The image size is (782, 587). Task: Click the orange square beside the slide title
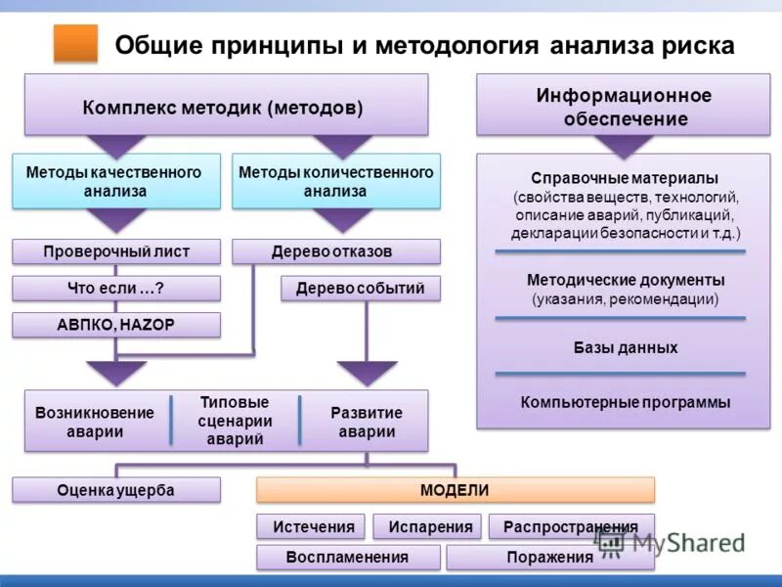click(75, 44)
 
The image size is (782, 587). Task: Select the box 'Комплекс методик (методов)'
click(226, 105)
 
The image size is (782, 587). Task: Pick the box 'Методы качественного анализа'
click(115, 181)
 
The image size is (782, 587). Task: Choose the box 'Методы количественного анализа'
click(335, 181)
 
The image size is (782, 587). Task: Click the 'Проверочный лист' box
click(116, 252)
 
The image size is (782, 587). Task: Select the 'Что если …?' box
click(116, 289)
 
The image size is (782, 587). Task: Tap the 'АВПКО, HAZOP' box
click(116, 325)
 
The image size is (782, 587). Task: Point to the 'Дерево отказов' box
click(335, 252)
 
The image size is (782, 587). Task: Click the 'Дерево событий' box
click(360, 289)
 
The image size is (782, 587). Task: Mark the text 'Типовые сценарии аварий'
click(235, 421)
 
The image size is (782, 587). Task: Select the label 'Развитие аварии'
click(367, 422)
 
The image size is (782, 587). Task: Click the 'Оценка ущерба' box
click(116, 490)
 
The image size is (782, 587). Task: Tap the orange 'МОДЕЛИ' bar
click(455, 490)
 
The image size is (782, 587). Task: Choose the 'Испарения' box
click(430, 526)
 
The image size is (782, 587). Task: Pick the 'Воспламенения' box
click(347, 558)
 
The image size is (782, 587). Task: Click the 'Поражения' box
click(550, 558)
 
